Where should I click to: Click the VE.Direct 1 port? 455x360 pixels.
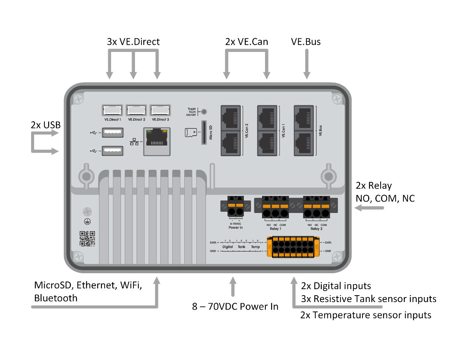coord(112,110)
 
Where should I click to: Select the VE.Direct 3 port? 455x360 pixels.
coord(160,110)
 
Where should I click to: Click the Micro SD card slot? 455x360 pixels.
coord(204,133)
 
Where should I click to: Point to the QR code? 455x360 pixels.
coord(87,238)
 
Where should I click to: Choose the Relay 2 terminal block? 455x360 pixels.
coord(316,208)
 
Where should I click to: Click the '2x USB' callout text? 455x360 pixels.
coord(46,125)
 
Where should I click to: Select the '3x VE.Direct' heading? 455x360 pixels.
coord(133,42)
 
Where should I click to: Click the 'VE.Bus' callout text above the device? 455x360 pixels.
coord(306,42)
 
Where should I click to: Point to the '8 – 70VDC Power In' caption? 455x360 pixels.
coord(235,306)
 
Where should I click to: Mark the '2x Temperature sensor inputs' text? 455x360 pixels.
coord(366,315)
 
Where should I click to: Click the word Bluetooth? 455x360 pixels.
coord(56,298)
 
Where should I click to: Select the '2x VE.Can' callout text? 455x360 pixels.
coord(246,42)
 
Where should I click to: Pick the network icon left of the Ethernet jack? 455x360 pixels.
coord(134,142)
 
